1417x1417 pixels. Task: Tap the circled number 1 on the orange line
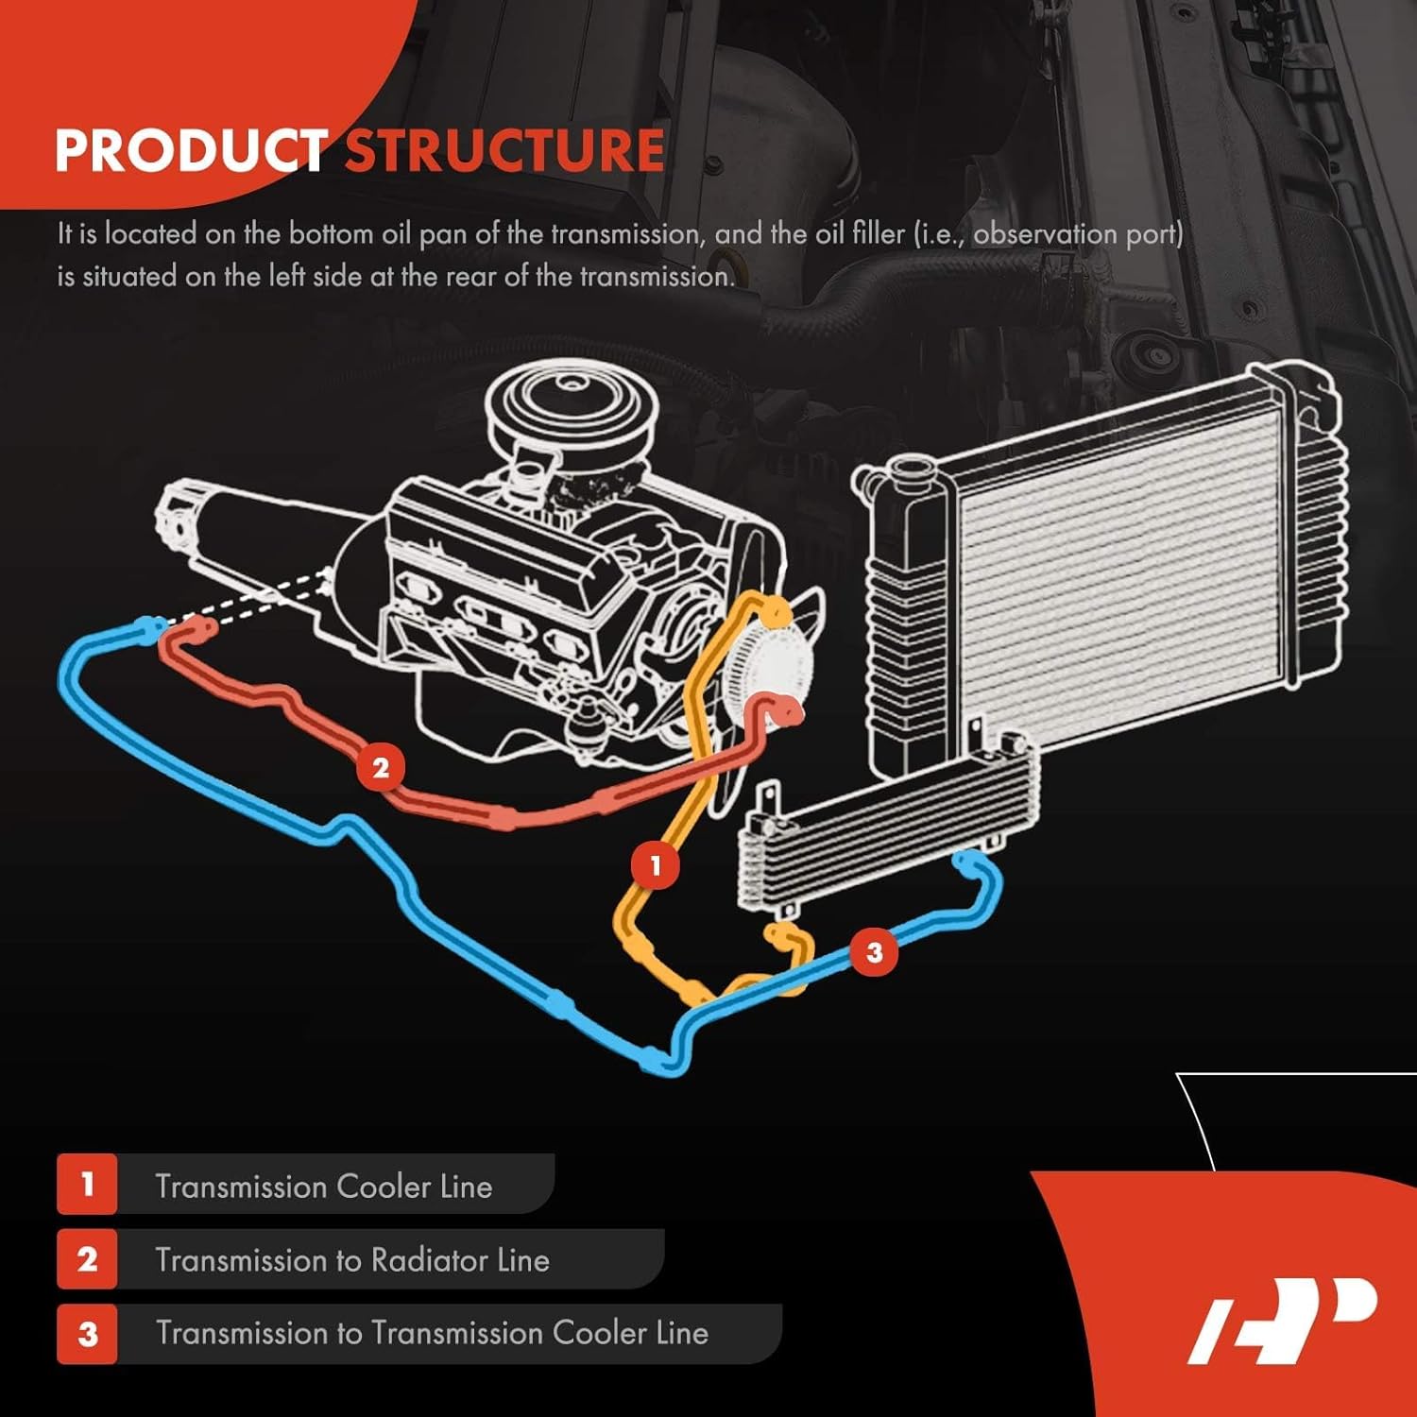655,864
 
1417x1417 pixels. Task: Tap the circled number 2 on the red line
381,767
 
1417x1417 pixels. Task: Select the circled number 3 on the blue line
874,951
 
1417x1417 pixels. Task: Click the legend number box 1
87,1184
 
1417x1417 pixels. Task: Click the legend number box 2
87,1259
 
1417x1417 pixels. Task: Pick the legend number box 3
87,1334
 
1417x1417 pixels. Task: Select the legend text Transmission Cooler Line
324,1186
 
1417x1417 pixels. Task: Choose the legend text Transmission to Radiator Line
352,1260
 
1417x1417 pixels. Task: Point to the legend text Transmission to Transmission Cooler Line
432,1333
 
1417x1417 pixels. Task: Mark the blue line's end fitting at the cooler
965,861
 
